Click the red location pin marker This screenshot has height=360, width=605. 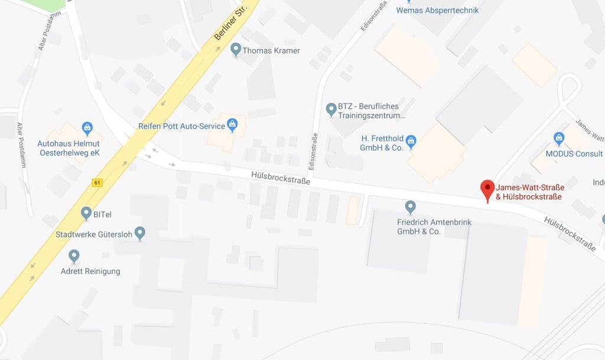tap(487, 190)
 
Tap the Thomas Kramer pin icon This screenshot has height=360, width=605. tap(235, 49)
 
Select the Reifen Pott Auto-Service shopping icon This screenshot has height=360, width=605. tap(232, 125)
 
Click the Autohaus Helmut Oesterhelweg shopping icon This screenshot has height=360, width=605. tap(87, 128)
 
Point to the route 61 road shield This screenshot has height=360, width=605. tap(96, 183)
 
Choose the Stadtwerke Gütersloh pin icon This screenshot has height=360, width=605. tap(140, 233)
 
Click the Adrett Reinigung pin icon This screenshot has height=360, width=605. tap(74, 256)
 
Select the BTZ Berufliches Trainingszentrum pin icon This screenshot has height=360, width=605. tap(331, 109)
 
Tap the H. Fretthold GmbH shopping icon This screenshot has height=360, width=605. tap(411, 141)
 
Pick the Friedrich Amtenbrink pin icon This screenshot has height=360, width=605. tap(410, 207)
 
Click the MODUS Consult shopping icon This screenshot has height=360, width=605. tap(559, 138)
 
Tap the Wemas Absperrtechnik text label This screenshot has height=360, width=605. tap(437, 10)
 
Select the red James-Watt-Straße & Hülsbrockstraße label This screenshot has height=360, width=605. tap(528, 192)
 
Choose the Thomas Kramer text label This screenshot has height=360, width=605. tap(271, 51)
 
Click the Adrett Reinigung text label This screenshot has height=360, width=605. tap(90, 271)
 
